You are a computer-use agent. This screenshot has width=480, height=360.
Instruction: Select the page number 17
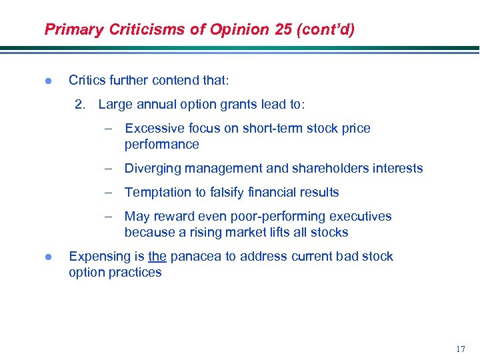click(459, 349)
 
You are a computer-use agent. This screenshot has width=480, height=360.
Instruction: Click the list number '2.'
click(81, 104)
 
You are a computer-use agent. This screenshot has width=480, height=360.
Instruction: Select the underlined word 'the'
click(157, 257)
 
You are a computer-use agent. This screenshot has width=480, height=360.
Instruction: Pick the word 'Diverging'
click(153, 168)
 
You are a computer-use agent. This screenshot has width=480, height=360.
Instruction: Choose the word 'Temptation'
click(157, 192)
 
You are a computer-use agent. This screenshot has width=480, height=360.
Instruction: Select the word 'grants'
click(231, 104)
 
